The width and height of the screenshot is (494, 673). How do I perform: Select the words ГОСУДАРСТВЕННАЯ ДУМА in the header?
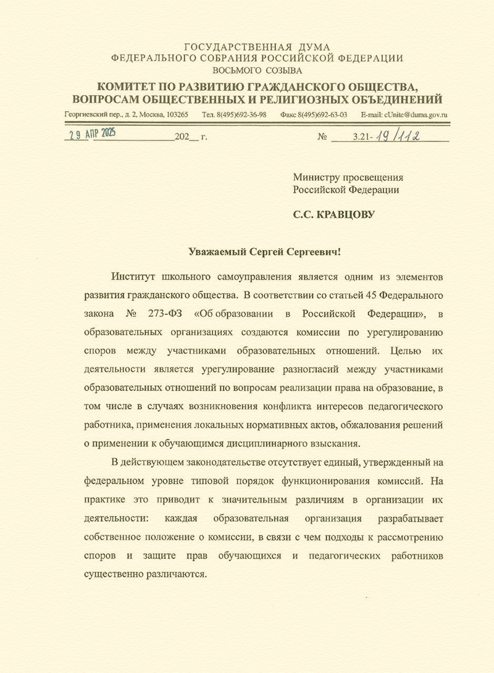click(x=257, y=47)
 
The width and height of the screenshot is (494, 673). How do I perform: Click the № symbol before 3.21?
click(x=321, y=137)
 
